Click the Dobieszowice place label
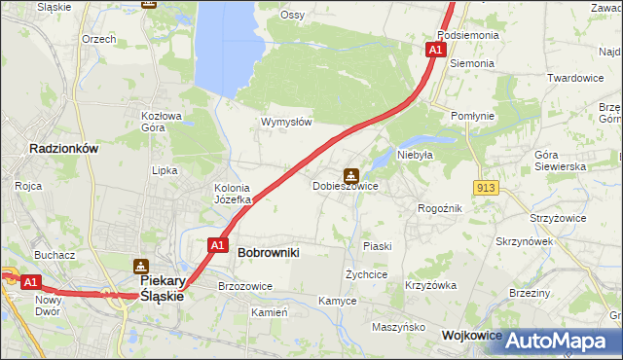pos(345,186)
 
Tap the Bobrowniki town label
pos(268,252)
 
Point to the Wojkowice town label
pos(471,335)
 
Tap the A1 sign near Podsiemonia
pos(437,48)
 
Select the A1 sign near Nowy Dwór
pos(30,282)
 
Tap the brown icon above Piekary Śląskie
pos(141,266)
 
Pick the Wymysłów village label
pos(285,123)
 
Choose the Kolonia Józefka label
pos(233,194)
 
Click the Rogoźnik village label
pos(439,208)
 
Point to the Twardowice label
pos(575,78)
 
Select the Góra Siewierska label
pos(560,161)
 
